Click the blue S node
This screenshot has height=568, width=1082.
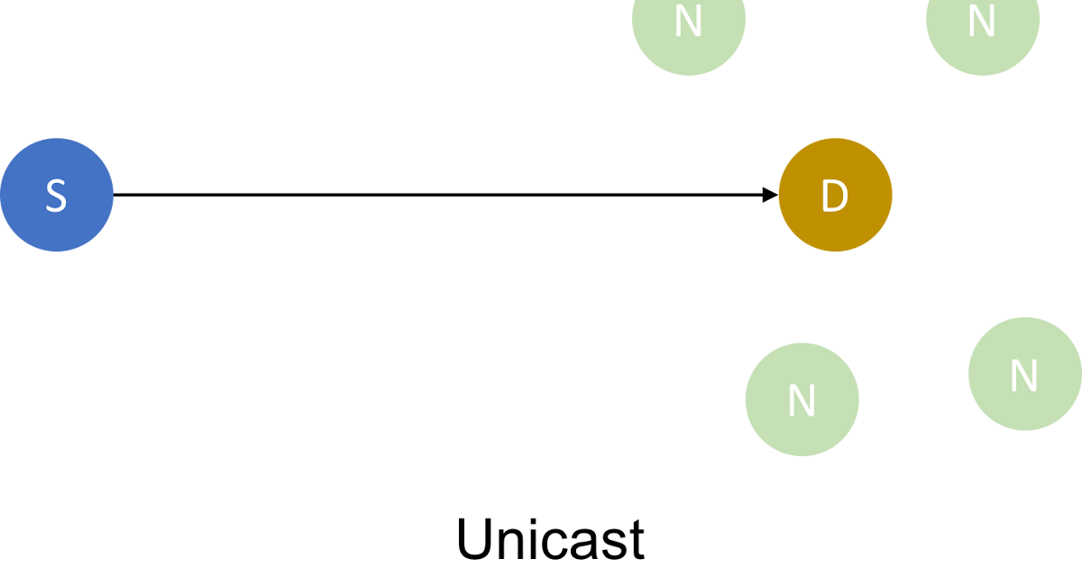coord(56,195)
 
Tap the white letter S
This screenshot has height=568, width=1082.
coord(56,196)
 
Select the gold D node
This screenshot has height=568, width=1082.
coord(835,195)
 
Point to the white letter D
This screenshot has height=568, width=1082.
coord(835,197)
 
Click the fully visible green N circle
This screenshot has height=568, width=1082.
coord(802,399)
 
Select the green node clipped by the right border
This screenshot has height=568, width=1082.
coord(1025,373)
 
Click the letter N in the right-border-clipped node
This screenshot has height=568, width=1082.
coord(1023,377)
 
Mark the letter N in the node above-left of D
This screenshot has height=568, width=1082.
coord(689,22)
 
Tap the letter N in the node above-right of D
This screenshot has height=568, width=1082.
coord(982,22)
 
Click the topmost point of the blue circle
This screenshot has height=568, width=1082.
coord(56,139)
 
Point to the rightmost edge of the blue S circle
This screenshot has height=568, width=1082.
coord(113,195)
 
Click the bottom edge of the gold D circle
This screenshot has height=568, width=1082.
coord(835,251)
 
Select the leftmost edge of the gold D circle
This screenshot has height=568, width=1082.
coord(779,195)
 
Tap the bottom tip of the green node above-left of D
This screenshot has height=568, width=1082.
coord(689,75)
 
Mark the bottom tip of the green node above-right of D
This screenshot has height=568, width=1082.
coord(983,75)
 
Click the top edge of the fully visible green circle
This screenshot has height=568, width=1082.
coord(802,344)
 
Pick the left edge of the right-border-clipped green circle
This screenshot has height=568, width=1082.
coord(969,373)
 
